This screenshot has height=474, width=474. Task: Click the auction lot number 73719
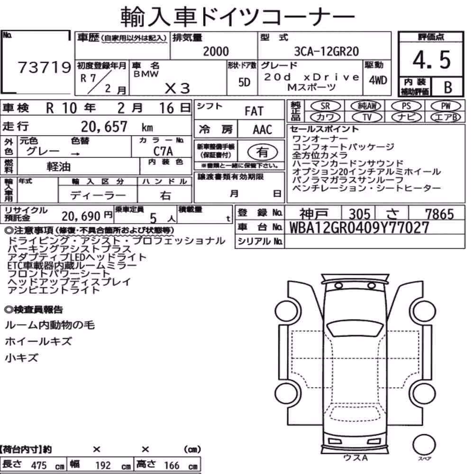(x=45, y=67)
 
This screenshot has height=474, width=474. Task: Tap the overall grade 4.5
(x=431, y=60)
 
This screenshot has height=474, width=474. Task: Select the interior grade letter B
(x=448, y=87)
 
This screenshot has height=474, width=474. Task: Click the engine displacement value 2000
(x=216, y=51)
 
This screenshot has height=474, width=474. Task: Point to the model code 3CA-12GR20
(x=327, y=51)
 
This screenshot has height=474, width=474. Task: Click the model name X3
(x=177, y=88)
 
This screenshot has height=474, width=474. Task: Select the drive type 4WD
(x=378, y=81)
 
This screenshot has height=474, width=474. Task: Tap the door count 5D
(x=244, y=82)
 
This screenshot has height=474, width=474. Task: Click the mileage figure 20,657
(x=104, y=127)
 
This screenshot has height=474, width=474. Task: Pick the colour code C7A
(x=163, y=151)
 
